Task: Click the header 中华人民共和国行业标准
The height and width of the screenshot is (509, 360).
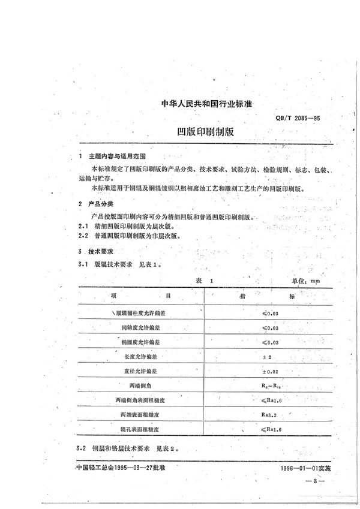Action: coord(206,104)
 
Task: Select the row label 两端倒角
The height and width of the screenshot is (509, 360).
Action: coord(140,385)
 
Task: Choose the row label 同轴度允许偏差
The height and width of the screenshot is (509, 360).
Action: coord(140,327)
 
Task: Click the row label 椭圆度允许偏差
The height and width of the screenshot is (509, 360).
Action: coord(140,342)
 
